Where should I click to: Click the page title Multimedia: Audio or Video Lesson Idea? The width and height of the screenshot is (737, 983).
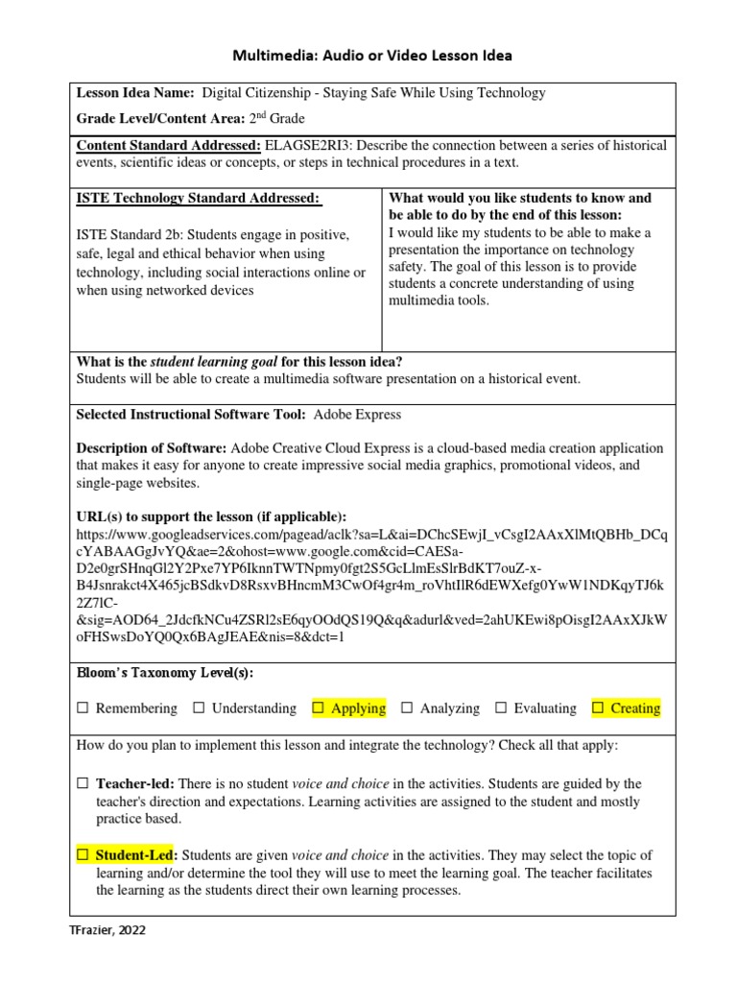pyautogui.click(x=369, y=56)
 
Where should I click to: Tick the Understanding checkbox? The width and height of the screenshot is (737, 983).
pyautogui.click(x=199, y=708)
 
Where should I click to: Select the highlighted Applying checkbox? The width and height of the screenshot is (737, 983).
pyautogui.click(x=319, y=708)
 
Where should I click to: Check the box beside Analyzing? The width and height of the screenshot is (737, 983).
pyautogui.click(x=407, y=708)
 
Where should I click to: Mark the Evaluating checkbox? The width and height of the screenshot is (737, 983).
pyautogui.click(x=501, y=708)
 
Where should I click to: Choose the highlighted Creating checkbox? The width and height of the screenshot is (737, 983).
pyautogui.click(x=598, y=708)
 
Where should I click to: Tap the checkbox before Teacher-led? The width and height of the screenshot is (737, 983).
pyautogui.click(x=83, y=784)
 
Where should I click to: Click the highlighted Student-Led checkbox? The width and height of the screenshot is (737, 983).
pyautogui.click(x=83, y=854)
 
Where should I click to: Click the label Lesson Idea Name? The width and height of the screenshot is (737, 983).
pyautogui.click(x=135, y=93)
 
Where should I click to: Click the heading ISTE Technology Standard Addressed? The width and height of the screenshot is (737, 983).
pyautogui.click(x=198, y=198)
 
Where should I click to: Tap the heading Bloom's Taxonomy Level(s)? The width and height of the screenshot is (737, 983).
pyautogui.click(x=164, y=673)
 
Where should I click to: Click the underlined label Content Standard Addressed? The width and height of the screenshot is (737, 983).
pyautogui.click(x=168, y=145)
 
